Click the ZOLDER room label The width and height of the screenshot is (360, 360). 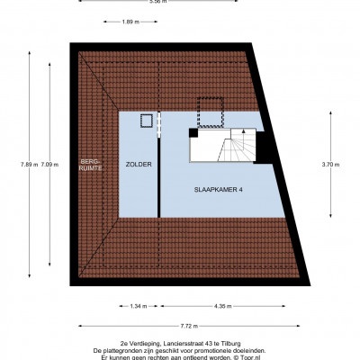139,165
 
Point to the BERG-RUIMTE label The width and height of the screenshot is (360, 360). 90,165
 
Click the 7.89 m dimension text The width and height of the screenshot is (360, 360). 30,164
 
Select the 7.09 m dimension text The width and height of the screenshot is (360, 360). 49,164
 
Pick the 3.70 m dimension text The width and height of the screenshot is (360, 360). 330,164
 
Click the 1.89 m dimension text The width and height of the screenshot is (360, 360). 130,22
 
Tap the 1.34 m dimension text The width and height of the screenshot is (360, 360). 139,306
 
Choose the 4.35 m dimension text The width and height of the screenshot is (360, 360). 223,306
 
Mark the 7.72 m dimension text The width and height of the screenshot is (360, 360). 189,326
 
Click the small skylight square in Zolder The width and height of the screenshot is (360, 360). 147,121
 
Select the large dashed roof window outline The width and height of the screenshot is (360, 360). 210,112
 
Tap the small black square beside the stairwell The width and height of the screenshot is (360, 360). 193,133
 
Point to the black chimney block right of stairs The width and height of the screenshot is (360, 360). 263,148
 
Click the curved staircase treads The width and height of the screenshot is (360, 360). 237,146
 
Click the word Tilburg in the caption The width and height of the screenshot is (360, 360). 232,344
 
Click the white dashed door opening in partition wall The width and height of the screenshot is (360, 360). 159,124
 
